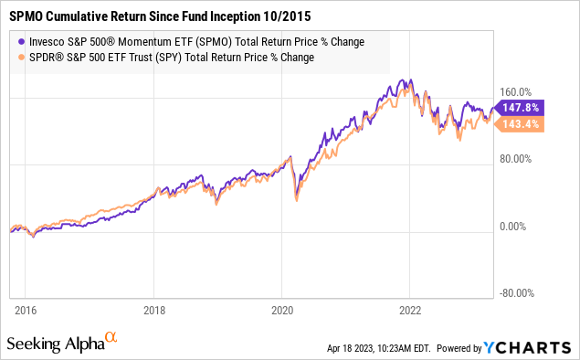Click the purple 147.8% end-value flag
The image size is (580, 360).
(x=522, y=108)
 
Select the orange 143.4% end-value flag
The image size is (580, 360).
(x=522, y=124)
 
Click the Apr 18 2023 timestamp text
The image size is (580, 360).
(x=381, y=349)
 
